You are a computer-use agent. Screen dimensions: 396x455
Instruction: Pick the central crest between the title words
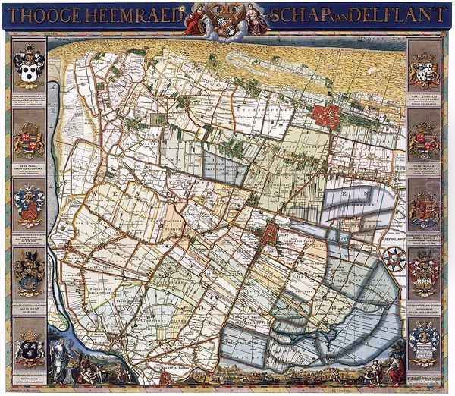pos(227,17)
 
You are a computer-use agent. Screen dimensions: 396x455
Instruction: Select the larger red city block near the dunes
pos(326,115)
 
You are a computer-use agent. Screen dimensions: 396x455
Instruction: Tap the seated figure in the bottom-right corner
pos(395,369)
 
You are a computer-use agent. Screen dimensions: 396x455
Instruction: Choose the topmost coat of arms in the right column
pos(424,69)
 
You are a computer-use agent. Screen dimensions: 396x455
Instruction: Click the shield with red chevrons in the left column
pos(30,205)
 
